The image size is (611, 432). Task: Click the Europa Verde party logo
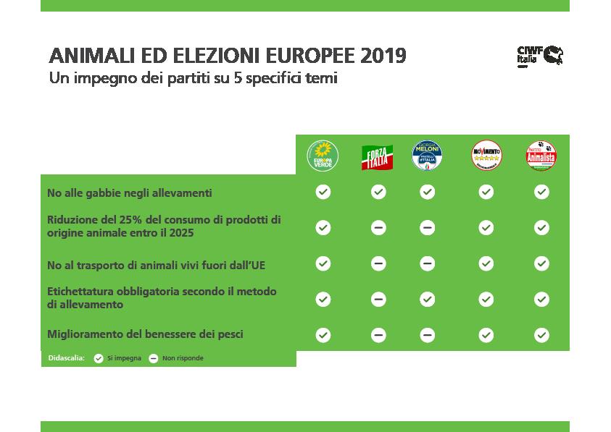point(323,156)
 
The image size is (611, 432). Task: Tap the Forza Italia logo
point(377,156)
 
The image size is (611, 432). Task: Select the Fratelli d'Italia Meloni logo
point(427,156)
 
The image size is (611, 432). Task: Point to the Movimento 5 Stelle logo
point(486,156)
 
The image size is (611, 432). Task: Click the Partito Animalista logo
point(541,156)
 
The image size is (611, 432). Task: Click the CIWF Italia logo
point(539,56)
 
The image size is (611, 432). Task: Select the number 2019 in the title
point(383,56)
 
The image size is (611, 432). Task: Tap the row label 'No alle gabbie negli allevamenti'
point(129,193)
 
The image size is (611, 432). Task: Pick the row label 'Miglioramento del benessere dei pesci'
point(145,334)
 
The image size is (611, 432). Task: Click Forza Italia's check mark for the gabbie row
point(378,192)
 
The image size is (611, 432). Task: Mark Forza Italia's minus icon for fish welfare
point(378,335)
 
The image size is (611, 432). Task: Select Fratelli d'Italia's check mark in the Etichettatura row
point(427,299)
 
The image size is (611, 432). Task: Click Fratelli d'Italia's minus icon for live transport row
point(427,263)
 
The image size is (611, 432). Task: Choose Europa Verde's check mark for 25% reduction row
point(323,227)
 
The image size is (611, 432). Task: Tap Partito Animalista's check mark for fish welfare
point(541,335)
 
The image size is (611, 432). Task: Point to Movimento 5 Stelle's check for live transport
point(486,263)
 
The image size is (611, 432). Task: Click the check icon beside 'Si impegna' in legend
point(99,358)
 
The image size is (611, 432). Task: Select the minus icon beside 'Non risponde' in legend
point(154,358)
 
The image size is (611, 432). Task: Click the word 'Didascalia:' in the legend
point(66,358)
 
